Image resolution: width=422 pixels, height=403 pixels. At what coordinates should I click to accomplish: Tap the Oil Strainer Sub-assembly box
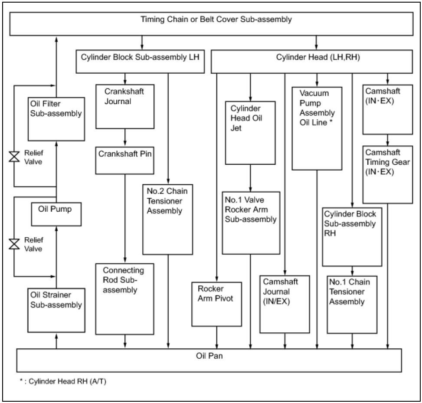pyautogui.click(x=56, y=309)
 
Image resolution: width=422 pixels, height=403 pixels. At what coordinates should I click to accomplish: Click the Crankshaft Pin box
pyautogui.click(x=125, y=161)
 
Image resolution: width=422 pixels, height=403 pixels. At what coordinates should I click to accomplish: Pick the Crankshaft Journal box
pyautogui.click(x=125, y=106)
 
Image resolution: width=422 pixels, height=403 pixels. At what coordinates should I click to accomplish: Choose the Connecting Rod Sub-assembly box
pyautogui.click(x=125, y=299)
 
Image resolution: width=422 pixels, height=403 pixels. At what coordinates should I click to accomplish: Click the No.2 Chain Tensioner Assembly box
pyautogui.click(x=167, y=219)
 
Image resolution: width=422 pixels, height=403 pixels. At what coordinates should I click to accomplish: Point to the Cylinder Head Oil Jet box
pyautogui.click(x=250, y=133)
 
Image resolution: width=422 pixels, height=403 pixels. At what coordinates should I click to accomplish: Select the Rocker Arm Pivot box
pyautogui.click(x=216, y=304)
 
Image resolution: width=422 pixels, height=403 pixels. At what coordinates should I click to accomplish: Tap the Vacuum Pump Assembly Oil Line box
pyautogui.click(x=317, y=128)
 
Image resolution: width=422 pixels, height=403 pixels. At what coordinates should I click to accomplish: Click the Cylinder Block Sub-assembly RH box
pyautogui.click(x=352, y=236)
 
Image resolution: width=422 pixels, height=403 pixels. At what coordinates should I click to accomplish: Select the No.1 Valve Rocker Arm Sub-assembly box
pyautogui.click(x=250, y=223)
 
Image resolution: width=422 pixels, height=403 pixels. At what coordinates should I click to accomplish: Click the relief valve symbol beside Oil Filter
pyautogui.click(x=14, y=157)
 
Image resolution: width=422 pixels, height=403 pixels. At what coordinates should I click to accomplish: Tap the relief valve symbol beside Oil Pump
pyautogui.click(x=14, y=244)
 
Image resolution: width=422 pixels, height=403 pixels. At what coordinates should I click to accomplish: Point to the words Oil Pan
pyautogui.click(x=209, y=357)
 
